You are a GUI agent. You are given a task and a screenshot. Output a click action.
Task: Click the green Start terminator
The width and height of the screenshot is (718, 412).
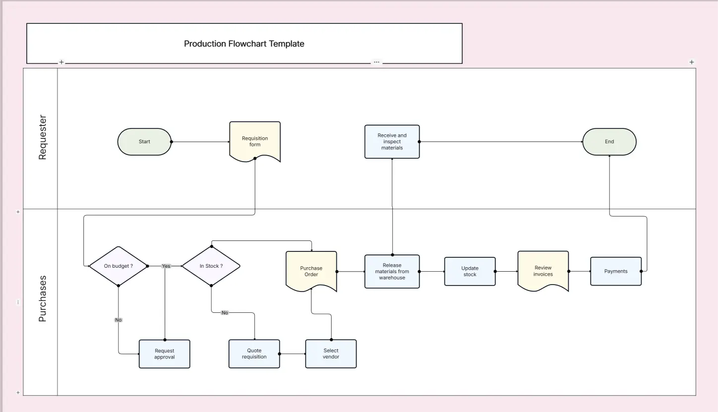(x=144, y=142)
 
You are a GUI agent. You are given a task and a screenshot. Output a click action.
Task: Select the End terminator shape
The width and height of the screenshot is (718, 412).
(x=609, y=142)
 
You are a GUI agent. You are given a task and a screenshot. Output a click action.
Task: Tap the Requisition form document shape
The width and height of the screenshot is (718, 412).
(x=255, y=141)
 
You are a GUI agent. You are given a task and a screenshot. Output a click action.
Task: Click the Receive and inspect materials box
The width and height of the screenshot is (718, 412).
(x=392, y=142)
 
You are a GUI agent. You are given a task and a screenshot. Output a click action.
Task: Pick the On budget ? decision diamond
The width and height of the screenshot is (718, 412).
(x=118, y=266)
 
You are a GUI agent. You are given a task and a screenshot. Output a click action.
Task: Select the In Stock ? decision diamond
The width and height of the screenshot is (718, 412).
(x=211, y=266)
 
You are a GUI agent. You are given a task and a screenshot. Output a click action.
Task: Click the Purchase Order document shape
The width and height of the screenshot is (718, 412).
(x=311, y=271)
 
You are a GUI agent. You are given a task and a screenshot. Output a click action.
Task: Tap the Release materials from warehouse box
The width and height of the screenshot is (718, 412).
(x=392, y=272)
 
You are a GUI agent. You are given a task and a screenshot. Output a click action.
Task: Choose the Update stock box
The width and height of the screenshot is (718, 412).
(x=470, y=272)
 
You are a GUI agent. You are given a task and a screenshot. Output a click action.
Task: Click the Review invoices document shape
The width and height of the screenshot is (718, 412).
(x=543, y=271)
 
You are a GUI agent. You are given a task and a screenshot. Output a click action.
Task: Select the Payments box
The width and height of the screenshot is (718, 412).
(x=615, y=271)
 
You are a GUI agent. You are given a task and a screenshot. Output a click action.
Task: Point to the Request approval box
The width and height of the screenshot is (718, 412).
(x=164, y=354)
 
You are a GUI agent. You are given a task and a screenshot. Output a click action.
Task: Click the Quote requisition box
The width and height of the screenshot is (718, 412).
(x=254, y=353)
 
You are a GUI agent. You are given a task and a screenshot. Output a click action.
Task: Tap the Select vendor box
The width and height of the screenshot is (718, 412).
(x=331, y=353)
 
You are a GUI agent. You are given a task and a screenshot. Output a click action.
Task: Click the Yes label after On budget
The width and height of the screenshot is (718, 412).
(x=166, y=266)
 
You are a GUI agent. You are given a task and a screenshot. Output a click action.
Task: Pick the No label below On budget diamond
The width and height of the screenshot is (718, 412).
(x=118, y=320)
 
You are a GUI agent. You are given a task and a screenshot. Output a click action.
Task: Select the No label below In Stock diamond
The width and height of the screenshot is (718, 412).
(x=225, y=313)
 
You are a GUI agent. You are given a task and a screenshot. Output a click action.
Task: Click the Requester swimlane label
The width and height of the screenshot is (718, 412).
(x=42, y=137)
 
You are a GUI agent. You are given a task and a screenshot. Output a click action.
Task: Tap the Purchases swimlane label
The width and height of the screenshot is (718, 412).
(x=42, y=298)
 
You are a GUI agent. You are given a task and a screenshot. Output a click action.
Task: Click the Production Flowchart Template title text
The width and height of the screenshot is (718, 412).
(x=244, y=44)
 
